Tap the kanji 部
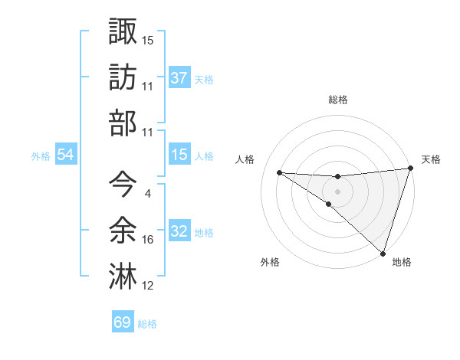(x=123, y=123)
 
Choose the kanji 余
(x=123, y=229)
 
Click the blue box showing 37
(x=179, y=78)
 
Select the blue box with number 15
(x=179, y=155)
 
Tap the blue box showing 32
(x=179, y=231)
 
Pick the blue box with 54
(x=65, y=155)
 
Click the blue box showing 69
(x=122, y=322)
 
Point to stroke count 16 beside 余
(x=148, y=240)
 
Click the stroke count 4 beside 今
(x=147, y=193)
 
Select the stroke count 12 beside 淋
(x=148, y=286)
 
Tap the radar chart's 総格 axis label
(x=338, y=100)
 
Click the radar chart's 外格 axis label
(x=270, y=262)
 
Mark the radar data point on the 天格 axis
(x=411, y=169)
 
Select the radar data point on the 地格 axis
(x=383, y=252)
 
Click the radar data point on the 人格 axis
(x=279, y=172)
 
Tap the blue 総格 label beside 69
(x=147, y=324)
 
